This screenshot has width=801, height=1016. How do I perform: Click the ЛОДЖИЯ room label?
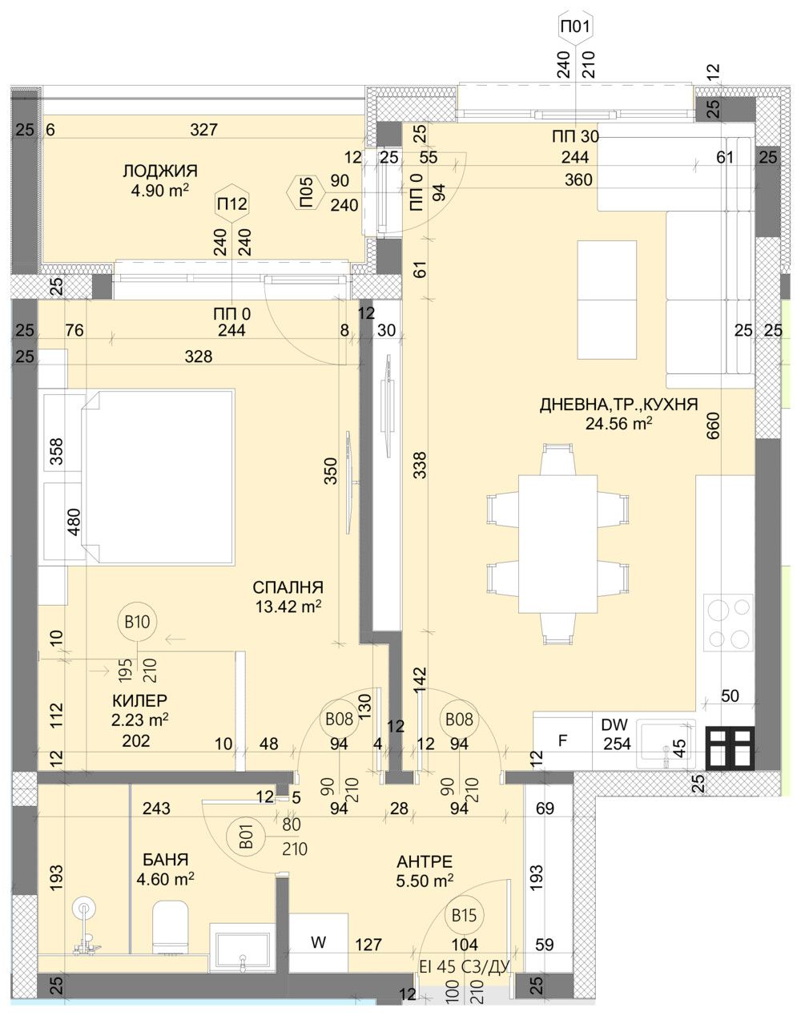(x=159, y=171)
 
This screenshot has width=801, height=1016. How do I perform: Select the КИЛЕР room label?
(x=139, y=700)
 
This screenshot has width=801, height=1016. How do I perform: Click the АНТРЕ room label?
(x=425, y=861)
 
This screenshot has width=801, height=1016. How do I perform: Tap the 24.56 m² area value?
(x=618, y=424)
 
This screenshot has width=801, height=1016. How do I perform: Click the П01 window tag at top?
(x=577, y=26)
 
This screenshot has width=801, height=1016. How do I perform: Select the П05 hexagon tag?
(x=305, y=192)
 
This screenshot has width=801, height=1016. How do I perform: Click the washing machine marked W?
(x=318, y=944)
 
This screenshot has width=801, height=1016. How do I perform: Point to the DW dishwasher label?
(x=614, y=724)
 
